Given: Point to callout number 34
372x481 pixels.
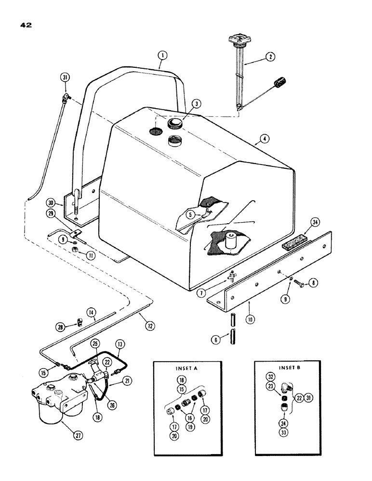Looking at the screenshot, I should tap(315, 223).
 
